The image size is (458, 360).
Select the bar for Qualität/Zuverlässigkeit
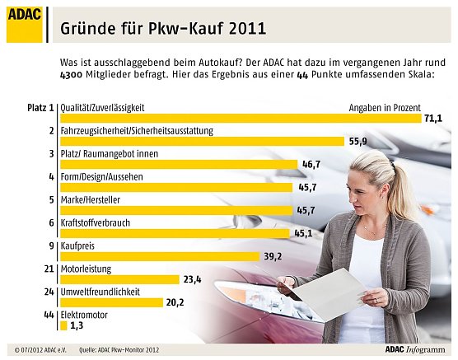coord(239,119)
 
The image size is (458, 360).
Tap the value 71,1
coord(433,119)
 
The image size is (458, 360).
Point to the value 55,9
coord(358,141)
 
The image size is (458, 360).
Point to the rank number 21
coord(49,269)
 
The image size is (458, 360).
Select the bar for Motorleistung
coord(119,279)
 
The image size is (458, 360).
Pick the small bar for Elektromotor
coord(63,325)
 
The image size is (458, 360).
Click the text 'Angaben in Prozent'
coord(385,108)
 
